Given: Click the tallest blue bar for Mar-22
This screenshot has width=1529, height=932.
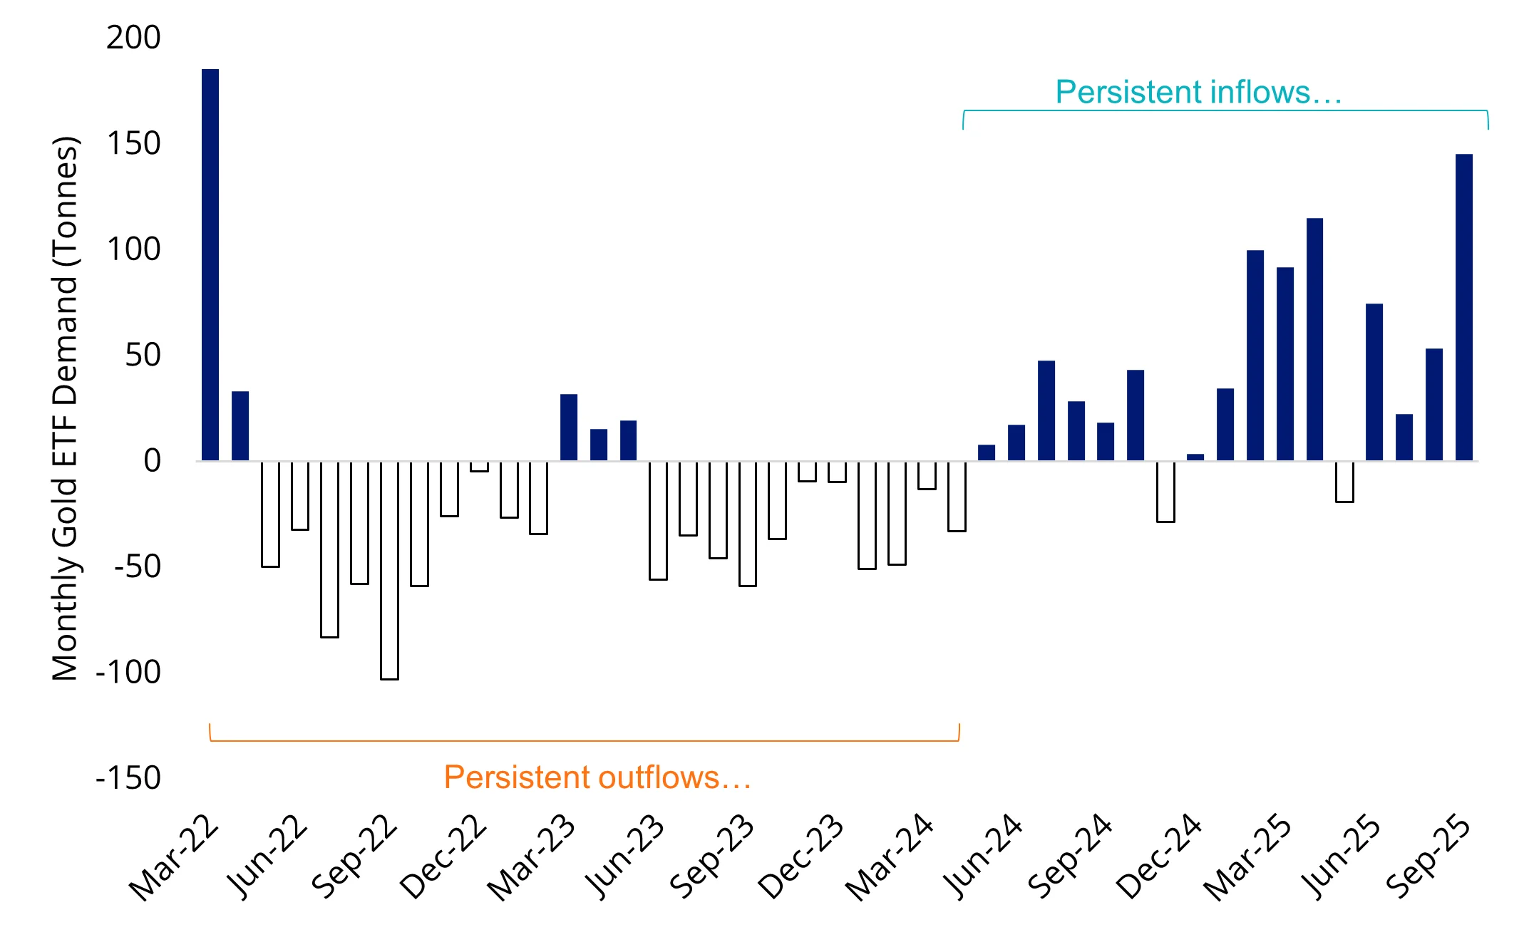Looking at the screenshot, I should pos(210,264).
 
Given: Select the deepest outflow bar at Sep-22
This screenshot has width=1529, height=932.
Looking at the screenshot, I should pos(389,570).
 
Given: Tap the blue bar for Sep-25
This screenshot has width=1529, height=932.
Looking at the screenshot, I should pos(1463,306).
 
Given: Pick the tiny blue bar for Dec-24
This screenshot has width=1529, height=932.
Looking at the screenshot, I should pos(1195,457).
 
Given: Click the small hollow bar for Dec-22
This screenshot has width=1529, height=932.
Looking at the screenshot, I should pos(479,467).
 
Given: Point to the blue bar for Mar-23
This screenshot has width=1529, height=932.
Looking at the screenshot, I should pos(569,427).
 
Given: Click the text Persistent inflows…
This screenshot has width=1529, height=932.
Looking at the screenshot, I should pos(1198,92).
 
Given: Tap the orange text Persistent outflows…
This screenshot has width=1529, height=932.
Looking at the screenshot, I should pos(597,777).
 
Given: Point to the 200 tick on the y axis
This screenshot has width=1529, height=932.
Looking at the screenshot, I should pos(133,37).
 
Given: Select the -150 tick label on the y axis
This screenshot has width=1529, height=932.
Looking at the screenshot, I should pos(128,777).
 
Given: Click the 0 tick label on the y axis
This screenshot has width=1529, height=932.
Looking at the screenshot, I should pos(152,460).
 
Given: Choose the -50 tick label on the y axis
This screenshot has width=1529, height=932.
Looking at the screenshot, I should pos(137,566).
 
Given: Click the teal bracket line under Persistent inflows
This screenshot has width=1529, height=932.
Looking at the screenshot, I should pos(1225,110).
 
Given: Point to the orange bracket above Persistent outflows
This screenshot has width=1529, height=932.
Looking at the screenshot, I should pos(585,741).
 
